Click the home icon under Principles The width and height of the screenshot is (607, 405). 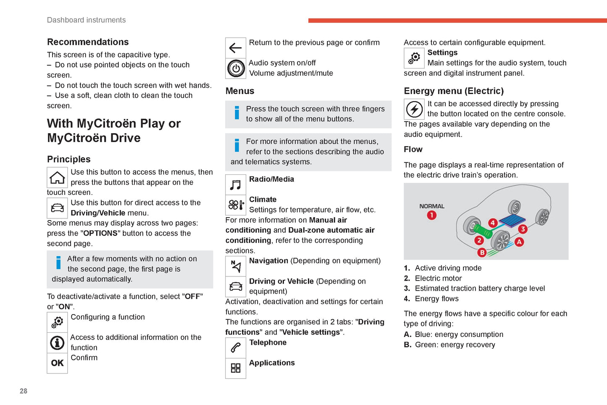click(x=57, y=177)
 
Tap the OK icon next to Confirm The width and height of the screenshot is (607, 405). click(x=57, y=363)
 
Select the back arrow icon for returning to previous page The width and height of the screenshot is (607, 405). click(x=236, y=48)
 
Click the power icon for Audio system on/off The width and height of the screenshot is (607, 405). click(x=236, y=68)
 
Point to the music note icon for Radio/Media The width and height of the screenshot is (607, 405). click(x=236, y=185)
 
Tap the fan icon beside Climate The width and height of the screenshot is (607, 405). click(x=236, y=205)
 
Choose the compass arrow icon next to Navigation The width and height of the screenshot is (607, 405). click(x=236, y=266)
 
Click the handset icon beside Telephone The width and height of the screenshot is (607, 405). click(x=236, y=348)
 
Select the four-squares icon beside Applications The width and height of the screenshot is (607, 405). click(x=236, y=368)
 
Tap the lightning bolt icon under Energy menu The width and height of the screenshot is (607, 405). click(x=414, y=109)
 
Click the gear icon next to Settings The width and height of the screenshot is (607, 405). click(x=414, y=58)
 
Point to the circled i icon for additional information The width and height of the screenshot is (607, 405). click(x=57, y=343)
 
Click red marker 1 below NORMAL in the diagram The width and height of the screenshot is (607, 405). click(x=431, y=216)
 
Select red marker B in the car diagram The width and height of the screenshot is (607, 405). click(x=482, y=252)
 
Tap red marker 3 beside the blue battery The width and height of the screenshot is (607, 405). click(x=523, y=229)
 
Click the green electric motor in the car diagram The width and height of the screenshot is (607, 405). click(x=483, y=231)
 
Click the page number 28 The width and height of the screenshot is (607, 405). click(x=24, y=391)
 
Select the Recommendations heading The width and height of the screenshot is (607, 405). click(x=88, y=42)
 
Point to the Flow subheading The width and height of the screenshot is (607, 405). click(x=413, y=150)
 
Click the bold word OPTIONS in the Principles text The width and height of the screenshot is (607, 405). click(x=100, y=233)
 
